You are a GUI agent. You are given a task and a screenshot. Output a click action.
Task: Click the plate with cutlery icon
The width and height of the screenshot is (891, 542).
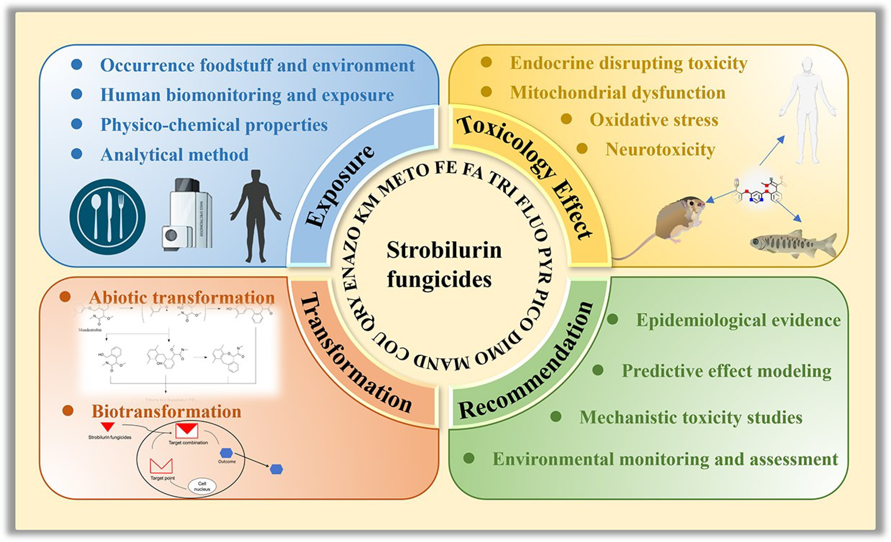coord(107,217)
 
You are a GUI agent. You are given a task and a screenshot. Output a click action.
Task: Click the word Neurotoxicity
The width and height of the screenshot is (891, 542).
coord(660,149)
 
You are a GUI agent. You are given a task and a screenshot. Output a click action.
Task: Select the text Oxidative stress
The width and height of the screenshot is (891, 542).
coord(654,120)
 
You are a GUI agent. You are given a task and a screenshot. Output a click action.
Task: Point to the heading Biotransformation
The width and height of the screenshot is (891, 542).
coord(166,411)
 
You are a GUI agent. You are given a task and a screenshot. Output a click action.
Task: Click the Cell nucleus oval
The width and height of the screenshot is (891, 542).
coord(202,486)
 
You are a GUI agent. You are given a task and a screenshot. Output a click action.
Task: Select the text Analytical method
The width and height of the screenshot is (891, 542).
coord(174,155)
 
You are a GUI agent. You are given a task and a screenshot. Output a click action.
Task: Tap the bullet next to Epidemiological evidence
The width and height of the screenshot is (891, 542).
coord(613,319)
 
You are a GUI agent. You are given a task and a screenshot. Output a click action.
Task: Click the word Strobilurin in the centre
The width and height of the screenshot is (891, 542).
coord(444,250)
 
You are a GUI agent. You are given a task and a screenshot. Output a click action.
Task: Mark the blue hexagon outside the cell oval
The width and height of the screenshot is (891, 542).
coord(277,469)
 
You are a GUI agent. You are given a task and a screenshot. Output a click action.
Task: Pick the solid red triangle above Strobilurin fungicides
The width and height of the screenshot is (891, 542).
coord(108,426)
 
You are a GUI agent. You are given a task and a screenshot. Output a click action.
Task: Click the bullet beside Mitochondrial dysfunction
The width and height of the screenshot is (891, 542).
coord(486,92)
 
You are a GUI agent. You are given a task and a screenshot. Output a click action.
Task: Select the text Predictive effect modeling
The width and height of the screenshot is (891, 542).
coord(726,371)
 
